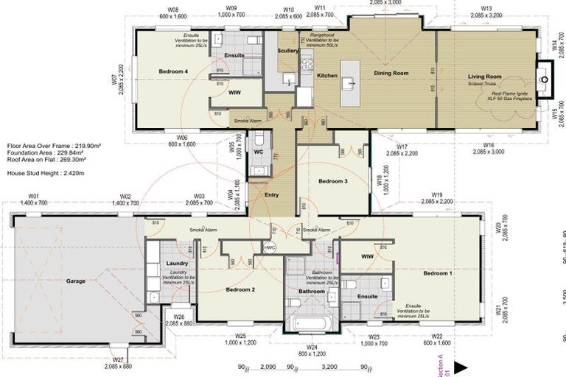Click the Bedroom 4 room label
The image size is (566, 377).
coord(173,71)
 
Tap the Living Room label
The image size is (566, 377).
coord(484,77)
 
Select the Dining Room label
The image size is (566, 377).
coord(391,74)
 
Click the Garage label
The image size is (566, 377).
coord(76,281)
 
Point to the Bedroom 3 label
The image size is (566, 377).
coord(332,180)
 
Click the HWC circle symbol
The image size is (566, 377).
coord(269,247)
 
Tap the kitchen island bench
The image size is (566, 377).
coord(349,82)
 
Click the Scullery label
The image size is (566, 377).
coord(287,51)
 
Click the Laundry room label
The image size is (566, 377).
coord(178,263)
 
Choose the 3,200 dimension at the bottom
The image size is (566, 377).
coord(329,366)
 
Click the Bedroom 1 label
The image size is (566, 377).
coord(438,273)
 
